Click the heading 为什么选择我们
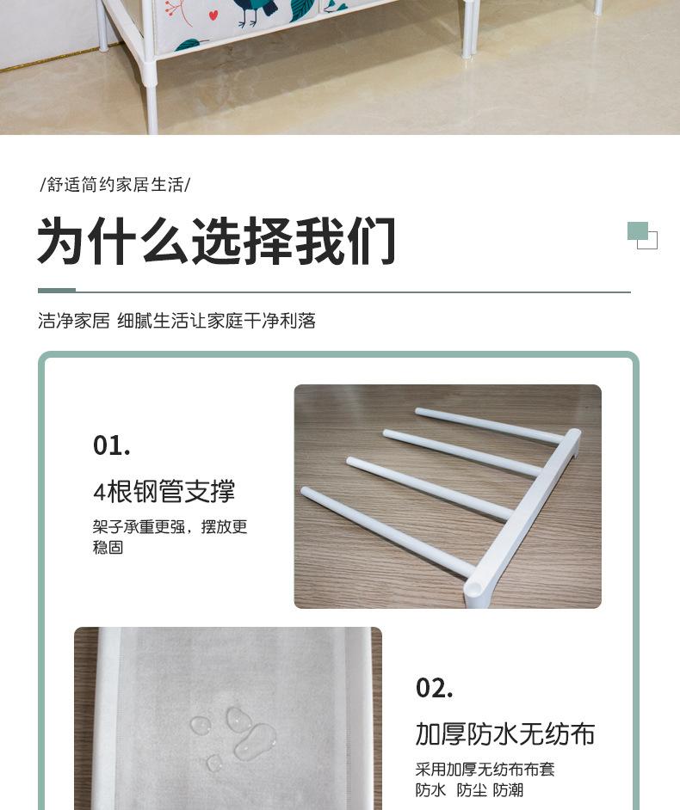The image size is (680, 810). pyautogui.click(x=217, y=241)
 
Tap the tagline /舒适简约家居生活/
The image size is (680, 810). pyautogui.click(x=115, y=185)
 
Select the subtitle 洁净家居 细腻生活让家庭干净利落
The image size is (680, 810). pyautogui.click(x=177, y=321)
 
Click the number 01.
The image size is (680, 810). pyautogui.click(x=112, y=445)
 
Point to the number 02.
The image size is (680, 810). pyautogui.click(x=435, y=688)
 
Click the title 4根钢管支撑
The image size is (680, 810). pyautogui.click(x=164, y=491)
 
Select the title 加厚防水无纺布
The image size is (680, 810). pyautogui.click(x=505, y=733)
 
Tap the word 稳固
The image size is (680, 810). pyautogui.click(x=108, y=547)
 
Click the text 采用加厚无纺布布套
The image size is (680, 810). pyautogui.click(x=485, y=770)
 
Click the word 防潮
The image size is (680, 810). pyautogui.click(x=509, y=790)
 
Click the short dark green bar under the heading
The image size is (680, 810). pyautogui.click(x=57, y=291)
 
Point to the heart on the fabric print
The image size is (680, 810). pyautogui.click(x=213, y=15)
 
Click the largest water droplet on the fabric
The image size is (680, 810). pyautogui.click(x=256, y=740)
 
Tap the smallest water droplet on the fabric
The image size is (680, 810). pyautogui.click(x=213, y=763)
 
